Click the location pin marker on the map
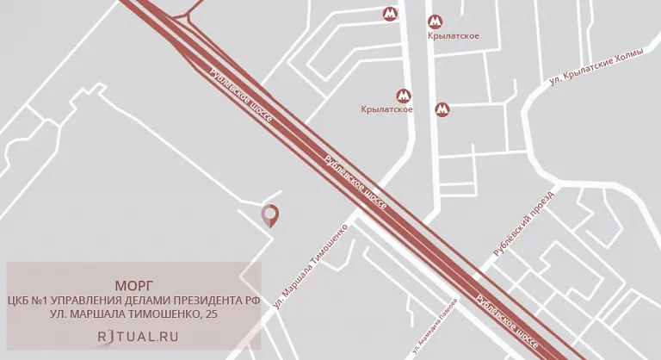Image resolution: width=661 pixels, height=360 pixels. tap(270, 214)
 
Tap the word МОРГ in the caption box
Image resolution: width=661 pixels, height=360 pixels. tap(133, 285)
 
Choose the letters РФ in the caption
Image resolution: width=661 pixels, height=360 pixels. tap(252, 301)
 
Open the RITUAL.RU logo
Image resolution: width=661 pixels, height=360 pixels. tap(138, 337)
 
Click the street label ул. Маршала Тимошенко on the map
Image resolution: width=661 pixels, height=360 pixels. tap(311, 266)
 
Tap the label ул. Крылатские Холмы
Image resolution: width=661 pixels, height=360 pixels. tap(596, 67)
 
